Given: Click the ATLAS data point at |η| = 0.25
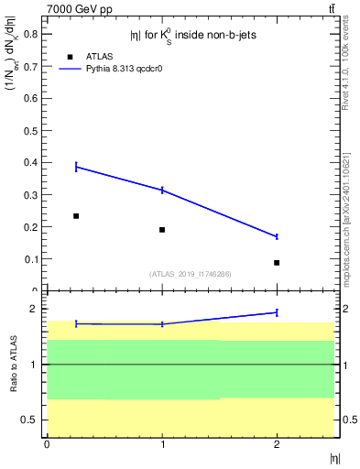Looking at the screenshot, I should point(76,216).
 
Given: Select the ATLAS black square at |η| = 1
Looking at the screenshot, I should point(162,230).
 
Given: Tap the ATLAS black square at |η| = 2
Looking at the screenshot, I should point(277,263).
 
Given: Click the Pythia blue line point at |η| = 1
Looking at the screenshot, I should point(162,190).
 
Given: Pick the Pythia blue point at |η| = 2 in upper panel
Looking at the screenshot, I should point(277,236).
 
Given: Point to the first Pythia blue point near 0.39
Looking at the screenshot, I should point(76,167).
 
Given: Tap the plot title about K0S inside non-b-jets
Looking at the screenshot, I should point(191,35).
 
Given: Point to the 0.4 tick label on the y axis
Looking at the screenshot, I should point(31,163).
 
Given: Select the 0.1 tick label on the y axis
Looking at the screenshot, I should point(31,259).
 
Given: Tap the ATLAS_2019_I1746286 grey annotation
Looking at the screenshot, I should point(191,273).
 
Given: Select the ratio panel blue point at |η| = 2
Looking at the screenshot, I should point(277,312).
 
